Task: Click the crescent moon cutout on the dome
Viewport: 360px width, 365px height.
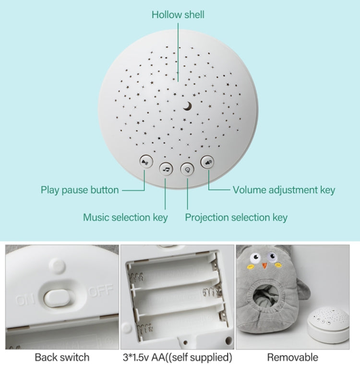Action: pyautogui.click(x=188, y=106)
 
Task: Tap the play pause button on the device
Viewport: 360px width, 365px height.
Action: pyautogui.click(x=146, y=161)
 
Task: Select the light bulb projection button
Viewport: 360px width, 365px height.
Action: pyautogui.click(x=187, y=169)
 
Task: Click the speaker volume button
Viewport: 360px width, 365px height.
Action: pyautogui.click(x=207, y=162)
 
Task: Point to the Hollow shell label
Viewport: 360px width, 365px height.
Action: pyautogui.click(x=178, y=14)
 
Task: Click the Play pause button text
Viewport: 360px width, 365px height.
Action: pyautogui.click(x=80, y=190)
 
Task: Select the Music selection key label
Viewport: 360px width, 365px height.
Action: pyautogui.click(x=125, y=217)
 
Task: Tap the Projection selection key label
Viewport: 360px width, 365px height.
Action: pyautogui.click(x=236, y=217)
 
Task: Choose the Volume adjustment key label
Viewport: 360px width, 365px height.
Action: pyautogui.click(x=284, y=190)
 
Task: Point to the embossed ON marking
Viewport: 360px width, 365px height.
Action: pyautogui.click(x=25, y=300)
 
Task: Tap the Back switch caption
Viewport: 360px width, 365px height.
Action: pyautogui.click(x=62, y=357)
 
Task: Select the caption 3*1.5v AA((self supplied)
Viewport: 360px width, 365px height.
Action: pyautogui.click(x=178, y=357)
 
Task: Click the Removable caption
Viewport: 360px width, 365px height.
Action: pyautogui.click(x=292, y=357)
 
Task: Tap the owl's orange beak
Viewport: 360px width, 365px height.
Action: pyautogui.click(x=264, y=266)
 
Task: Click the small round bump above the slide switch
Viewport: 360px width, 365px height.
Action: pyautogui.click(x=57, y=264)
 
